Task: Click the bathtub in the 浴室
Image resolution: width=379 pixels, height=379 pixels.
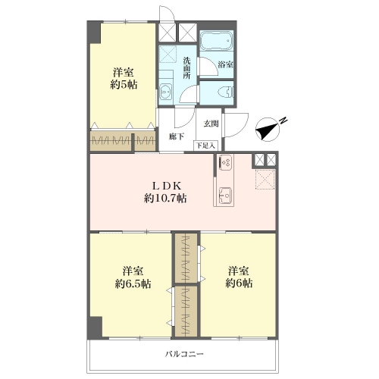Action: [x=216, y=40]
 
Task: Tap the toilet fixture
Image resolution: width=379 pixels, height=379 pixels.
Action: [x=226, y=92]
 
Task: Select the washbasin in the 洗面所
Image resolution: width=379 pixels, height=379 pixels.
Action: [x=165, y=93]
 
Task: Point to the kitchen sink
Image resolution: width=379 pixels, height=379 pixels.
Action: [x=225, y=195]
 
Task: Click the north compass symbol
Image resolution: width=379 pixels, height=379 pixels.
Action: [x=268, y=129]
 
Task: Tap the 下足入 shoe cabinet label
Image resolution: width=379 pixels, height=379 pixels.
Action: [x=205, y=146]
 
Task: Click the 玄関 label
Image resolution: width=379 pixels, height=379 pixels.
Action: [x=211, y=124]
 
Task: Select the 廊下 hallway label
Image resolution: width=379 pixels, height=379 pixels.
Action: [x=177, y=136]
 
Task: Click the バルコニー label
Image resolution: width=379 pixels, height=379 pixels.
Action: [x=184, y=354]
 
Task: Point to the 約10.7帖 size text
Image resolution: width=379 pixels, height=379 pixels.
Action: [x=165, y=199]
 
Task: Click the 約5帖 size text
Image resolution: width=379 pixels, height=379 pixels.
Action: [x=124, y=84]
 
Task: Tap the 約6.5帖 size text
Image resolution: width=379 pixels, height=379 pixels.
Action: [x=133, y=283]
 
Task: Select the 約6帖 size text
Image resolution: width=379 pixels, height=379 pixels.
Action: [x=239, y=283]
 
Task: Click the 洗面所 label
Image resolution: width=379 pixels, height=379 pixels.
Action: [x=187, y=68]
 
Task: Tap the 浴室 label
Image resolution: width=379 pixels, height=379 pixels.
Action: [x=225, y=64]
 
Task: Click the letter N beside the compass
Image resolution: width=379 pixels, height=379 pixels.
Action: [x=283, y=121]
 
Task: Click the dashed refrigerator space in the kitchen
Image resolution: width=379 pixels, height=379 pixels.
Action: [x=265, y=180]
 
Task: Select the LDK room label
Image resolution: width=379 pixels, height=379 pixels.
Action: [x=167, y=186]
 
